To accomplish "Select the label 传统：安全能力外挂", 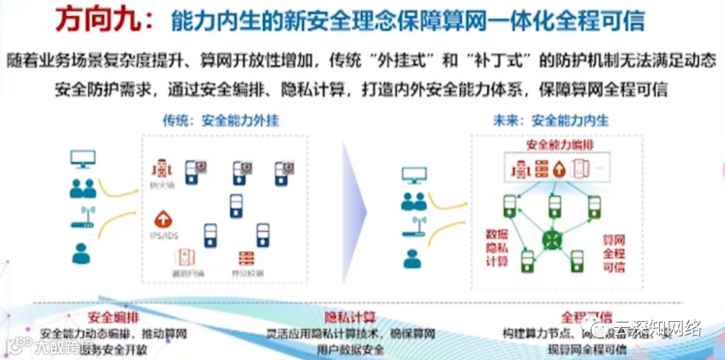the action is click(221, 121).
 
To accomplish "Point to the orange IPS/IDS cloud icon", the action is click(162, 219).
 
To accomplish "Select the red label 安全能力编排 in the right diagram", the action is click(559, 145).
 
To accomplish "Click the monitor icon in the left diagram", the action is click(83, 159).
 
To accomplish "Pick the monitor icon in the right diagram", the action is click(414, 175).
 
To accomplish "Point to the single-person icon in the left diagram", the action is click(82, 253).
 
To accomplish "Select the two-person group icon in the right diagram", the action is click(414, 201).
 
